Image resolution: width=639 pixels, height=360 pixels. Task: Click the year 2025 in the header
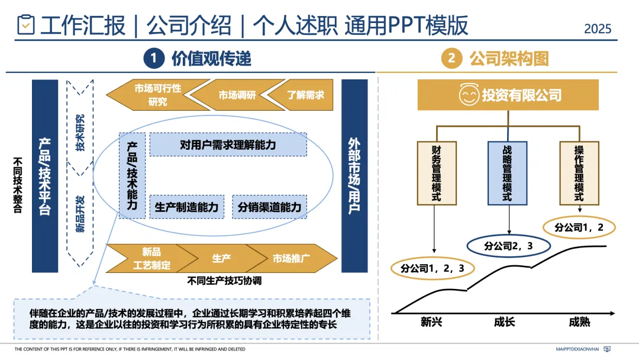pos(597,28)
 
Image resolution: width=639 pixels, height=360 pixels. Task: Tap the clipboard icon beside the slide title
pos(25,25)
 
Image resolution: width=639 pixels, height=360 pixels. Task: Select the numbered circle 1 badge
pos(153,58)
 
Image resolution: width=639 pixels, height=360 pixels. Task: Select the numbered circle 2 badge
pos(451,58)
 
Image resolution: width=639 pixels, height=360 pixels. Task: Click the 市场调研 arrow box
pos(234,95)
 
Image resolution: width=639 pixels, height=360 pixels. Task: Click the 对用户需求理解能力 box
pos(228,144)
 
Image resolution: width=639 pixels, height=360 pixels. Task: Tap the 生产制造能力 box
pos(186,207)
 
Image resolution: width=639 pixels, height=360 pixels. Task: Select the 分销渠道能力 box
pos(269,207)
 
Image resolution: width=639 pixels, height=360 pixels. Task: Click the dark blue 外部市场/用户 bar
pos(354,176)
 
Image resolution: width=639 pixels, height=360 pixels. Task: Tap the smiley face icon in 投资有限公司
pos(469,95)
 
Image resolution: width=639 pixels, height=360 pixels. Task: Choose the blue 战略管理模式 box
pos(507,173)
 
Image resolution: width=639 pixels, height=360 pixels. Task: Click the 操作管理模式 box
pos(578,173)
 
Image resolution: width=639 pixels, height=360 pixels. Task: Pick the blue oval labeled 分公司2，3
pos(509,245)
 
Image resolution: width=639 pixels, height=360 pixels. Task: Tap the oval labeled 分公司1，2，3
pos(432,268)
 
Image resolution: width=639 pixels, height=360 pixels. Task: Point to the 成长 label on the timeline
pos(504,323)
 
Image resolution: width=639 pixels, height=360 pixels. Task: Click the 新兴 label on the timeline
pos(431,323)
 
